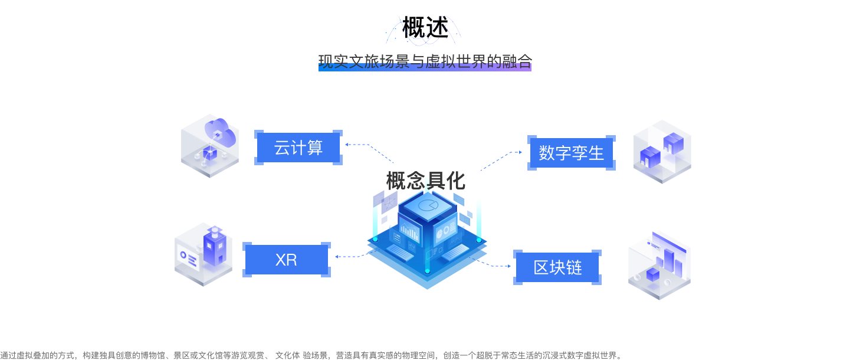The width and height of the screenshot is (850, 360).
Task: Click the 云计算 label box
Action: [298, 148]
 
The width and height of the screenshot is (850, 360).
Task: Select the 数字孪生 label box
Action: [571, 153]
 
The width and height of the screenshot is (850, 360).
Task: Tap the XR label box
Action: [286, 260]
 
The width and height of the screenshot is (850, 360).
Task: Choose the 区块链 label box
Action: [557, 267]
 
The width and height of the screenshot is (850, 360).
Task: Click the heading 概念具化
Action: [425, 181]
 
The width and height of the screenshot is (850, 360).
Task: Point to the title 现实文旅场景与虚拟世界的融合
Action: [425, 61]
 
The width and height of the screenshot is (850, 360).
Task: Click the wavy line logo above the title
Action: [423, 31]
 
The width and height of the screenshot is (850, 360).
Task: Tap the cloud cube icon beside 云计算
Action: [209, 146]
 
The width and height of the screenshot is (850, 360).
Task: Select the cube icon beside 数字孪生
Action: [662, 151]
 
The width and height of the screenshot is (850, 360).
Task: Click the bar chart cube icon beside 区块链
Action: [659, 266]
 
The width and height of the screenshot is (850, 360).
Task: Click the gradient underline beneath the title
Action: [425, 68]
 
